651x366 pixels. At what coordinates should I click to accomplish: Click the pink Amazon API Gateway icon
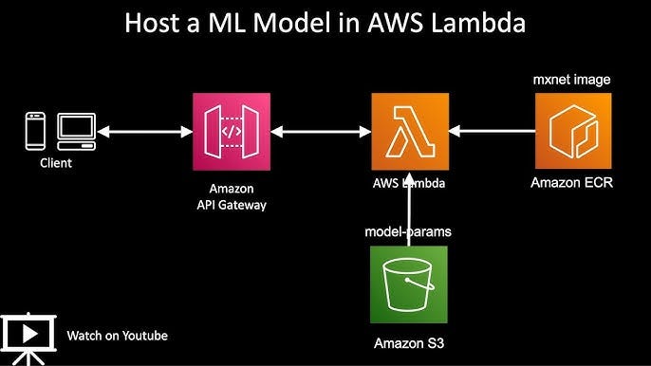[x=231, y=132]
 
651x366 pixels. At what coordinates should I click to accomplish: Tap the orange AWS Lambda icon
[x=408, y=132]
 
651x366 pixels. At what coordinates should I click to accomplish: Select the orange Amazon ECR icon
[x=571, y=132]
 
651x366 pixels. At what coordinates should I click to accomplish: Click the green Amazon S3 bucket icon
[x=408, y=285]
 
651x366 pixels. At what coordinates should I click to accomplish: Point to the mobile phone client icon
[x=36, y=132]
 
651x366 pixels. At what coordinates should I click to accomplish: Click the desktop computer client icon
[x=76, y=131]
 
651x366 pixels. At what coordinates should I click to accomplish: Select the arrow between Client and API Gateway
[x=144, y=132]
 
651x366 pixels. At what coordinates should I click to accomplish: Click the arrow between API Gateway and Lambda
[x=320, y=132]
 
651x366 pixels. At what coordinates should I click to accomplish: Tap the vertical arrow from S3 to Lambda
[x=408, y=210]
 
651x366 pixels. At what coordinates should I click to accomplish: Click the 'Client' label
[x=55, y=163]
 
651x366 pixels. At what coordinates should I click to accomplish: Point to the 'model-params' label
[x=408, y=232]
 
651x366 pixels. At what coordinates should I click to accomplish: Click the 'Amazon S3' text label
[x=408, y=342]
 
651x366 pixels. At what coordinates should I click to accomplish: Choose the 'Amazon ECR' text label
[x=571, y=183]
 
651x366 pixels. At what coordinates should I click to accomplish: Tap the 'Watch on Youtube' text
[x=117, y=336]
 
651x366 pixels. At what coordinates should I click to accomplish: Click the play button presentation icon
[x=28, y=335]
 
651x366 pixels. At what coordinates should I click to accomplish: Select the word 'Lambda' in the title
[x=477, y=24]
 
